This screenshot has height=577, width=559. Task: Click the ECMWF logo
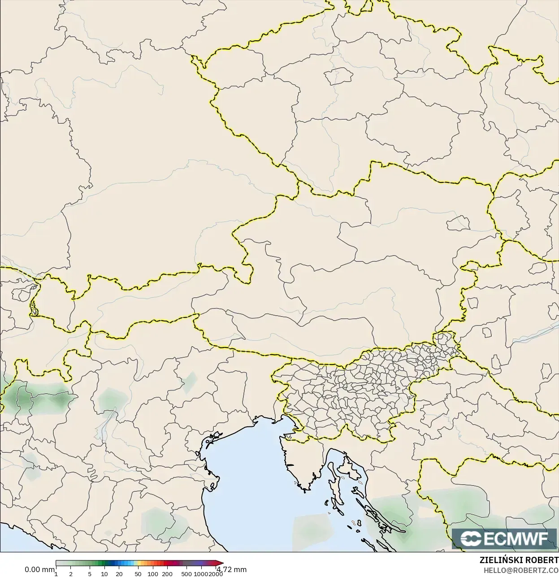pyautogui.click(x=505, y=538)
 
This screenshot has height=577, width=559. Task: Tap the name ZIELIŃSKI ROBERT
pyautogui.click(x=519, y=560)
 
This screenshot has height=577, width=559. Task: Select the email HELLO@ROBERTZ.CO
pyautogui.click(x=520, y=570)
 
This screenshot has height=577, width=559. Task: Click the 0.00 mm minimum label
pyautogui.click(x=39, y=569)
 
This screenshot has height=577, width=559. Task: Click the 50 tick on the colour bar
pyautogui.click(x=138, y=573)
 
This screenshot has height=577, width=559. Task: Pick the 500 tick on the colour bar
pyautogui.click(x=186, y=573)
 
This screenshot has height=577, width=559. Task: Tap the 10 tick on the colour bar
pyautogui.click(x=104, y=573)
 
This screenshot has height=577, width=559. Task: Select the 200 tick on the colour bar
pyautogui.click(x=167, y=573)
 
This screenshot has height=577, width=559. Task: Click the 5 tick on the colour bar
pyautogui.click(x=90, y=573)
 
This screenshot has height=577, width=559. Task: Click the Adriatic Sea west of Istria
pyautogui.click(x=251, y=466)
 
